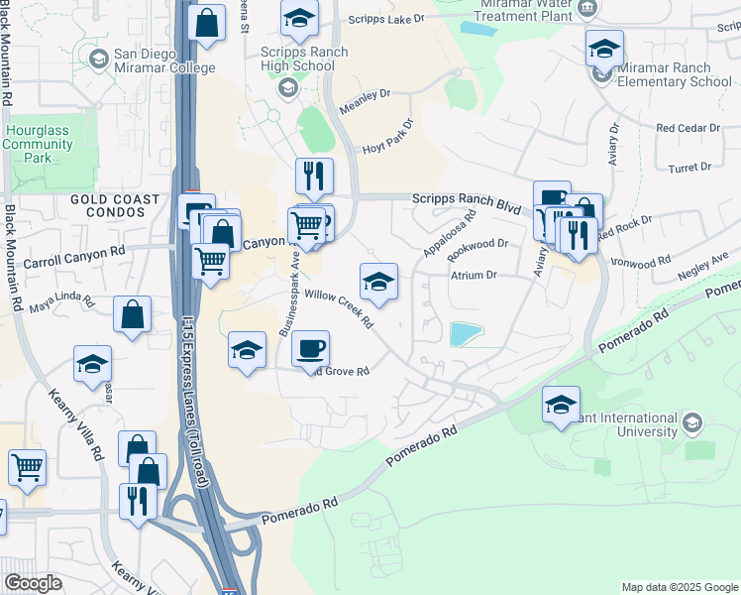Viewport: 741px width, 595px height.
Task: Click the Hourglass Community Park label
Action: click(x=38, y=144)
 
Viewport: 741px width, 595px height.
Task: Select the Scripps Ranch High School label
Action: click(x=297, y=59)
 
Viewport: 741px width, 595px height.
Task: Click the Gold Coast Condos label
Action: click(x=115, y=206)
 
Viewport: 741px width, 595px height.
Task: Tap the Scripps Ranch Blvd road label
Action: click(x=467, y=201)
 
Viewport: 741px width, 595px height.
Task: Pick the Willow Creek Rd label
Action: click(x=338, y=307)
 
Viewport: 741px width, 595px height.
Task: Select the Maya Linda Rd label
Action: click(x=60, y=300)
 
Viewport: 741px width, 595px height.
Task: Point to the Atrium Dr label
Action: click(x=473, y=275)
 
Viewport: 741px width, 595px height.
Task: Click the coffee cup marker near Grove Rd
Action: click(x=311, y=349)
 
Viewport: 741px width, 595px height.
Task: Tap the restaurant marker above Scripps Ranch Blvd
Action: click(x=314, y=177)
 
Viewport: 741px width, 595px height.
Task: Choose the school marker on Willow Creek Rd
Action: click(x=377, y=283)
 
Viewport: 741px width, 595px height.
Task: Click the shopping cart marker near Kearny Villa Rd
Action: click(x=27, y=467)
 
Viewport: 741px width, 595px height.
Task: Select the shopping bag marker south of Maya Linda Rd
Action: click(x=132, y=315)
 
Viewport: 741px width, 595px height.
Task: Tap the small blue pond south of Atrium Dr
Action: click(x=466, y=334)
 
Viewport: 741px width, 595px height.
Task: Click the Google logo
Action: click(x=33, y=583)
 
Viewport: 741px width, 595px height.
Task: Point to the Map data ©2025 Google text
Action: click(x=679, y=587)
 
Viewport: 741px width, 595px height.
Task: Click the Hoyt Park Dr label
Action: click(x=385, y=139)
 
